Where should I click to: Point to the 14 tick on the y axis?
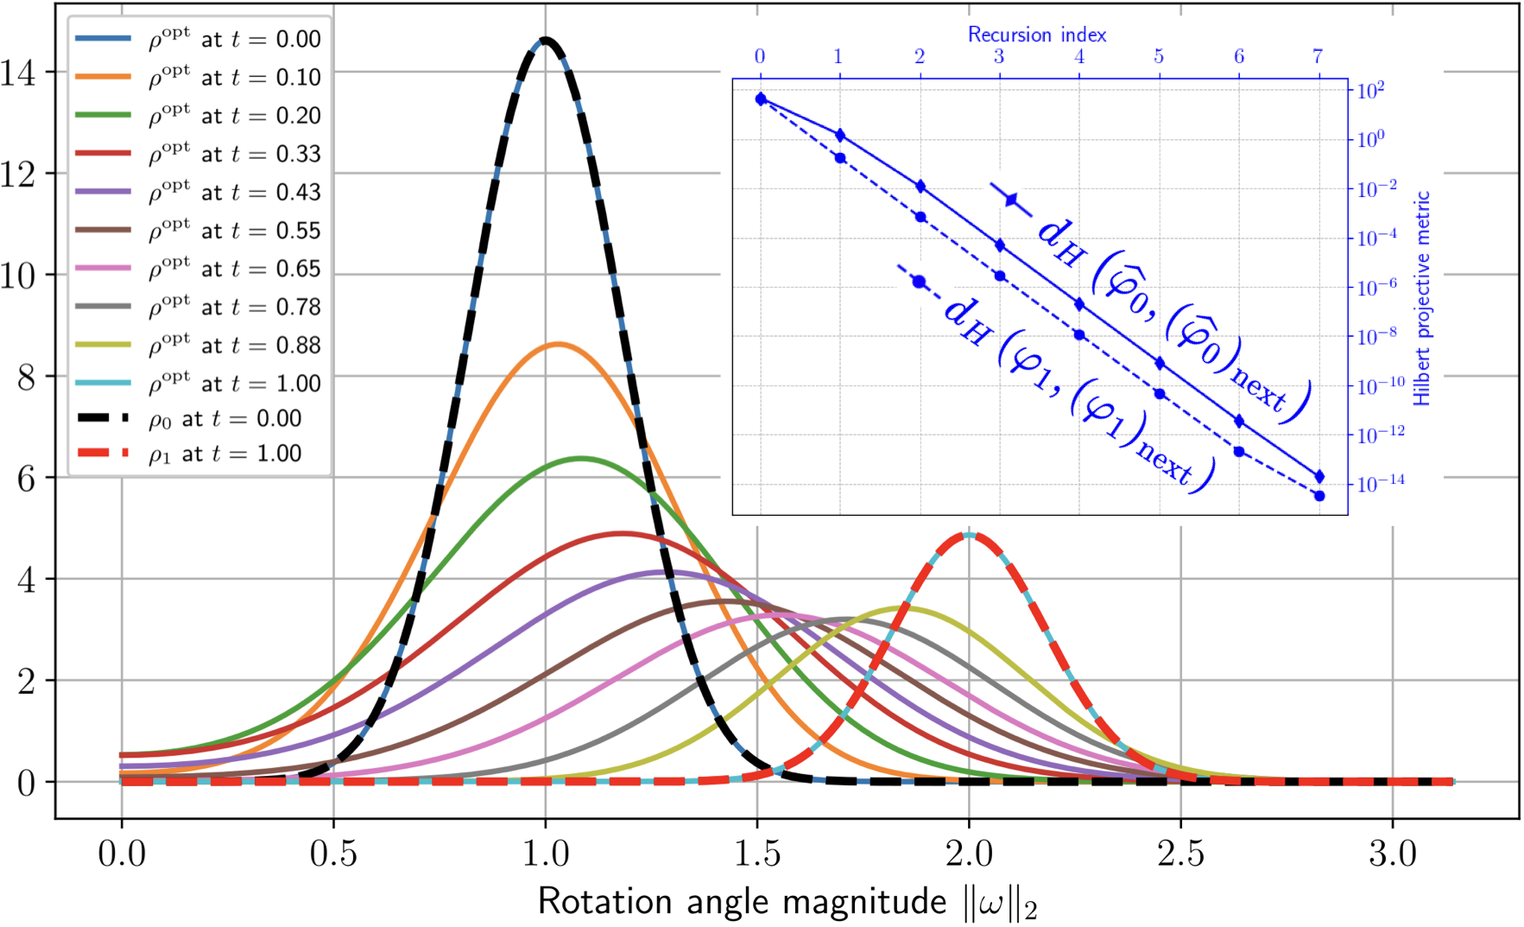pyautogui.click(x=19, y=73)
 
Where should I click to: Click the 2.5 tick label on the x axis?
pyautogui.click(x=1180, y=854)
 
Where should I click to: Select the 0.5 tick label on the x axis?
pyautogui.click(x=333, y=854)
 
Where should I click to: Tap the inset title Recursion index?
pyautogui.click(x=1036, y=35)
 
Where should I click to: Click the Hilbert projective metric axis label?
pyautogui.click(x=1421, y=298)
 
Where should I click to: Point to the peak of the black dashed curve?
pyautogui.click(x=545, y=39)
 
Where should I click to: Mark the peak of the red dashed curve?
pyautogui.click(x=969, y=534)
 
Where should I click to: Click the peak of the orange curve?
pyautogui.click(x=558, y=344)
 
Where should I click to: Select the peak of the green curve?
pyautogui.click(x=581, y=458)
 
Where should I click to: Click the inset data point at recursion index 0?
pyautogui.click(x=761, y=99)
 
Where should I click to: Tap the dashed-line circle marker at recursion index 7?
pyautogui.click(x=1318, y=496)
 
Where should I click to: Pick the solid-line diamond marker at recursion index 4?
pyautogui.click(x=1079, y=304)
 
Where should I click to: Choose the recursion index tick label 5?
pyautogui.click(x=1159, y=57)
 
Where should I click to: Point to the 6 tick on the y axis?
pyautogui.click(x=26, y=479)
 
